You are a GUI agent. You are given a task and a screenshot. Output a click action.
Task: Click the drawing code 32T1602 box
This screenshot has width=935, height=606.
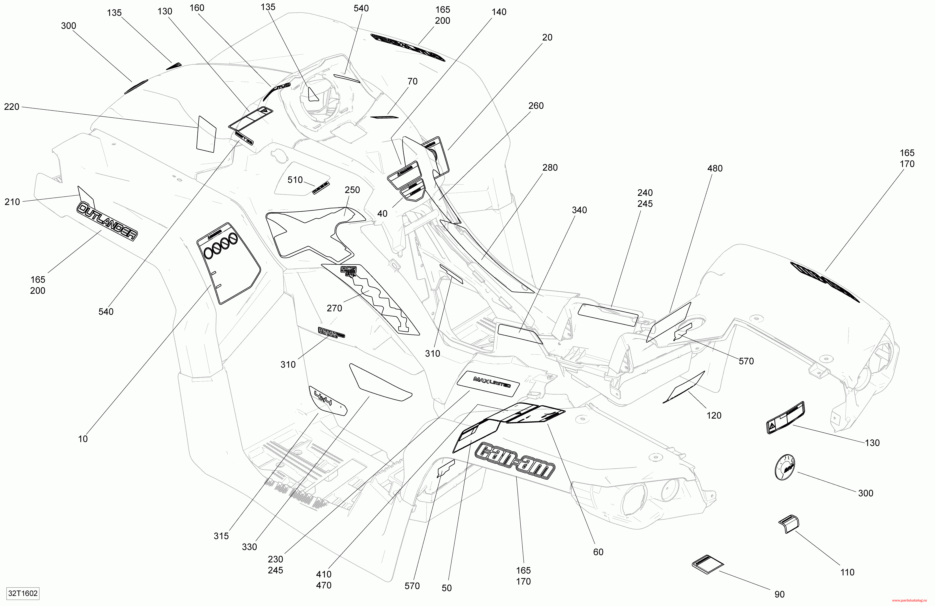pos(23,593)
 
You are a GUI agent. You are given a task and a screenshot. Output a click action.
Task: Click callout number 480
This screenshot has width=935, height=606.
pos(715,169)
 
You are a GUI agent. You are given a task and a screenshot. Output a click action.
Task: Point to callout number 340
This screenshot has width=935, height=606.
pos(579,210)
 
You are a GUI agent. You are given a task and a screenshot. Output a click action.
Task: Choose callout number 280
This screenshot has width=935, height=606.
pos(550,168)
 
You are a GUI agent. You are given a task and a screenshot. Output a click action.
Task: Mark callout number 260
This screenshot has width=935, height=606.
pos(536,106)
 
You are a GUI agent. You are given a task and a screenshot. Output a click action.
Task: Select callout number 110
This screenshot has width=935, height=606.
pos(847,572)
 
